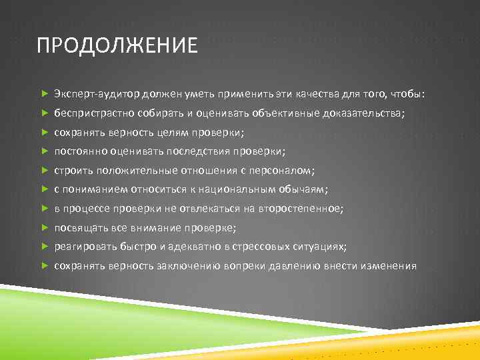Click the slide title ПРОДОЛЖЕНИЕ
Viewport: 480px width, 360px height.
[117, 46]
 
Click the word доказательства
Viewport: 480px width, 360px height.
[363, 113]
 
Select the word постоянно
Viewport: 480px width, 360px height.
[79, 151]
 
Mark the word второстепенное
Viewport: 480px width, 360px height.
[303, 209]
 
